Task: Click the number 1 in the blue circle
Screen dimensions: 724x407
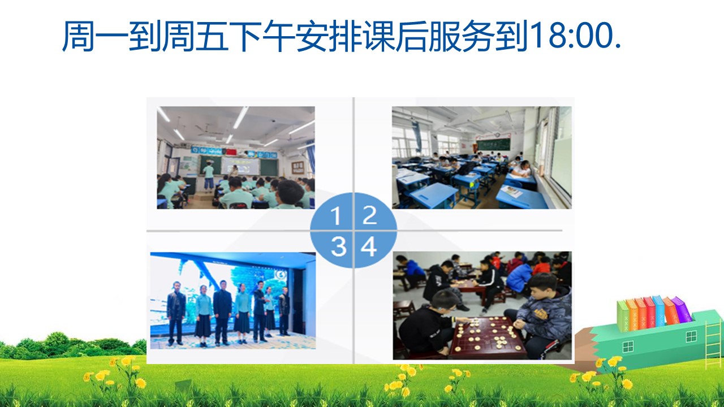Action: pyautogui.click(x=336, y=215)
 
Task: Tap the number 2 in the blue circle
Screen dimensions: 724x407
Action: pyautogui.click(x=369, y=215)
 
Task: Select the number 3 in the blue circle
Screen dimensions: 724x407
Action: pyautogui.click(x=338, y=247)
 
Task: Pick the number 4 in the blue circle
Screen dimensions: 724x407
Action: pyautogui.click(x=369, y=246)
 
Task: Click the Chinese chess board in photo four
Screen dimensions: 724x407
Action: pyautogui.click(x=488, y=336)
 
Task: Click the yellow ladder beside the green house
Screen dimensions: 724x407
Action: pyautogui.click(x=713, y=344)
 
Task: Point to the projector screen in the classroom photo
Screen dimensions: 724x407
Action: pyautogui.click(x=241, y=166)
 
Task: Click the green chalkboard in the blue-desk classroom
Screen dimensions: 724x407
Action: pyautogui.click(x=493, y=144)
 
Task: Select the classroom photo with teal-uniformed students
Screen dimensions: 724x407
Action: pyautogui.click(x=236, y=158)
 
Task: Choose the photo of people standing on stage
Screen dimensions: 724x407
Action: pyautogui.click(x=233, y=300)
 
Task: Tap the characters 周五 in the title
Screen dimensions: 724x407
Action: pyautogui.click(x=195, y=36)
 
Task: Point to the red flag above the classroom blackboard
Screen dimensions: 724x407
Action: pyautogui.click(x=231, y=151)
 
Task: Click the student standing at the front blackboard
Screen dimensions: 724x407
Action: pyautogui.click(x=209, y=176)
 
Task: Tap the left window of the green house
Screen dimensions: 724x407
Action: pyautogui.click(x=628, y=347)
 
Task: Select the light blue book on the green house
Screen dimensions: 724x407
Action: pyautogui.click(x=659, y=311)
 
